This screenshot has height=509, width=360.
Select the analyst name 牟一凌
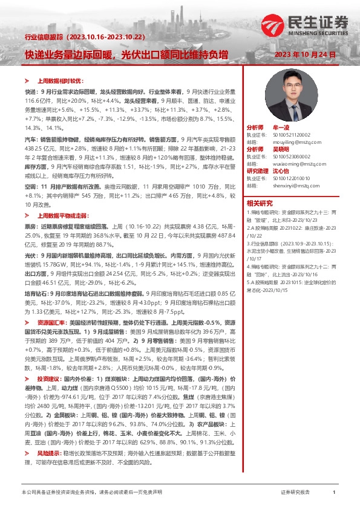[282, 129]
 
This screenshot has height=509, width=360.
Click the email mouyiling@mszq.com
[287, 141]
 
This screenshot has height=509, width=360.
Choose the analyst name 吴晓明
[282, 149]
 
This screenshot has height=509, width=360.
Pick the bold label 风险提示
[49, 452]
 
